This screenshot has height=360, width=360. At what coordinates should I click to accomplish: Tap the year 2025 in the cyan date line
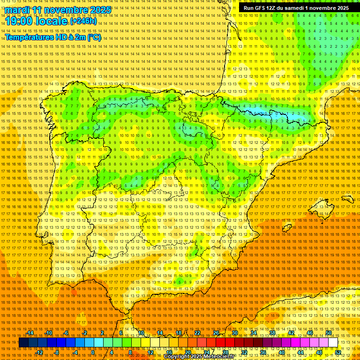[99, 10]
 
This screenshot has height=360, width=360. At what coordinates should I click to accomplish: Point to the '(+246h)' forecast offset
[83, 21]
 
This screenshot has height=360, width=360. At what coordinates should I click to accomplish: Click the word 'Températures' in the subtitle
[29, 37]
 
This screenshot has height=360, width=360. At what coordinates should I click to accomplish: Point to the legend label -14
[30, 333]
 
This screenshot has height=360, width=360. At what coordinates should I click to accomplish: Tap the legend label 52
[338, 352]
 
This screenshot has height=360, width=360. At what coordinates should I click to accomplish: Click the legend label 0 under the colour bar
[93, 352]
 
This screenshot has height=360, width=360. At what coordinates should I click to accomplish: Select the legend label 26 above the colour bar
[216, 333]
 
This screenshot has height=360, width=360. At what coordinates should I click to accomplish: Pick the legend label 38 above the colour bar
[272, 333]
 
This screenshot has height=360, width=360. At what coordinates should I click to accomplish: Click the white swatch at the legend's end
[333, 343]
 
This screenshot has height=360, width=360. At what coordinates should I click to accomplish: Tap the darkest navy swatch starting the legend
[23, 343]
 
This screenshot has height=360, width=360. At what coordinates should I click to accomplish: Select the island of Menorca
[347, 198]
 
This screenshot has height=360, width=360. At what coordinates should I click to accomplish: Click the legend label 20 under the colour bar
[187, 352]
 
